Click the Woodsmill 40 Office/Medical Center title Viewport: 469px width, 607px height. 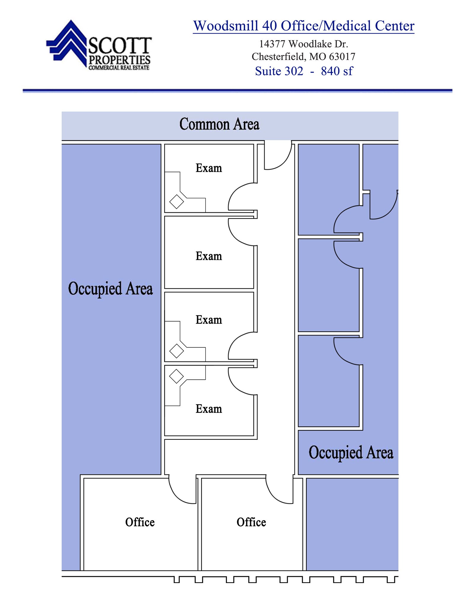(x=303, y=26)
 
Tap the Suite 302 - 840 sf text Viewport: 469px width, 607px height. (x=304, y=71)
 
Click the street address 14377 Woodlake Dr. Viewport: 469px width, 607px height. (x=303, y=44)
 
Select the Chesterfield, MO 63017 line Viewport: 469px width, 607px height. (x=303, y=56)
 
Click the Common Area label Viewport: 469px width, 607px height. (x=219, y=124)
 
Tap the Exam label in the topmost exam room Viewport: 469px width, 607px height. (x=209, y=168)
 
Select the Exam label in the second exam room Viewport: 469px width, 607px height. (x=209, y=256)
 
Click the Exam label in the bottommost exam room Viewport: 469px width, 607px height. (x=209, y=409)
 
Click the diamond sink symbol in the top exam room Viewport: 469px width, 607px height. (x=177, y=202)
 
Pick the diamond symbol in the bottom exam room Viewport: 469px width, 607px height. (x=177, y=376)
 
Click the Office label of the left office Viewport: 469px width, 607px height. (x=140, y=522)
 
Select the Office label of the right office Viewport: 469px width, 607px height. (x=251, y=522)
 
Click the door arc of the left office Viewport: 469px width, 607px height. (x=181, y=492)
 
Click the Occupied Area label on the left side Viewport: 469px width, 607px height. (x=110, y=288)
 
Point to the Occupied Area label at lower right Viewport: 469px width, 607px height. (x=351, y=453)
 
